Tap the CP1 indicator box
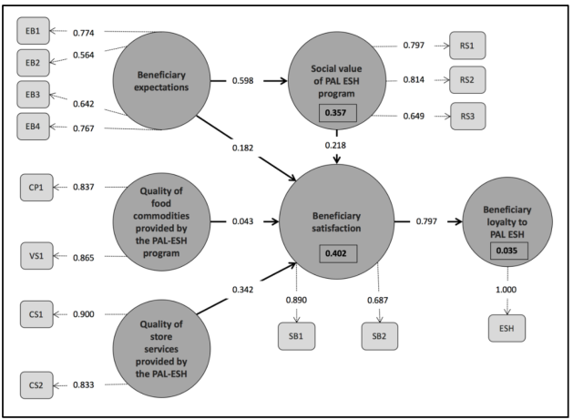(x=36, y=187)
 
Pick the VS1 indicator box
(x=36, y=257)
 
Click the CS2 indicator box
(x=36, y=385)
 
